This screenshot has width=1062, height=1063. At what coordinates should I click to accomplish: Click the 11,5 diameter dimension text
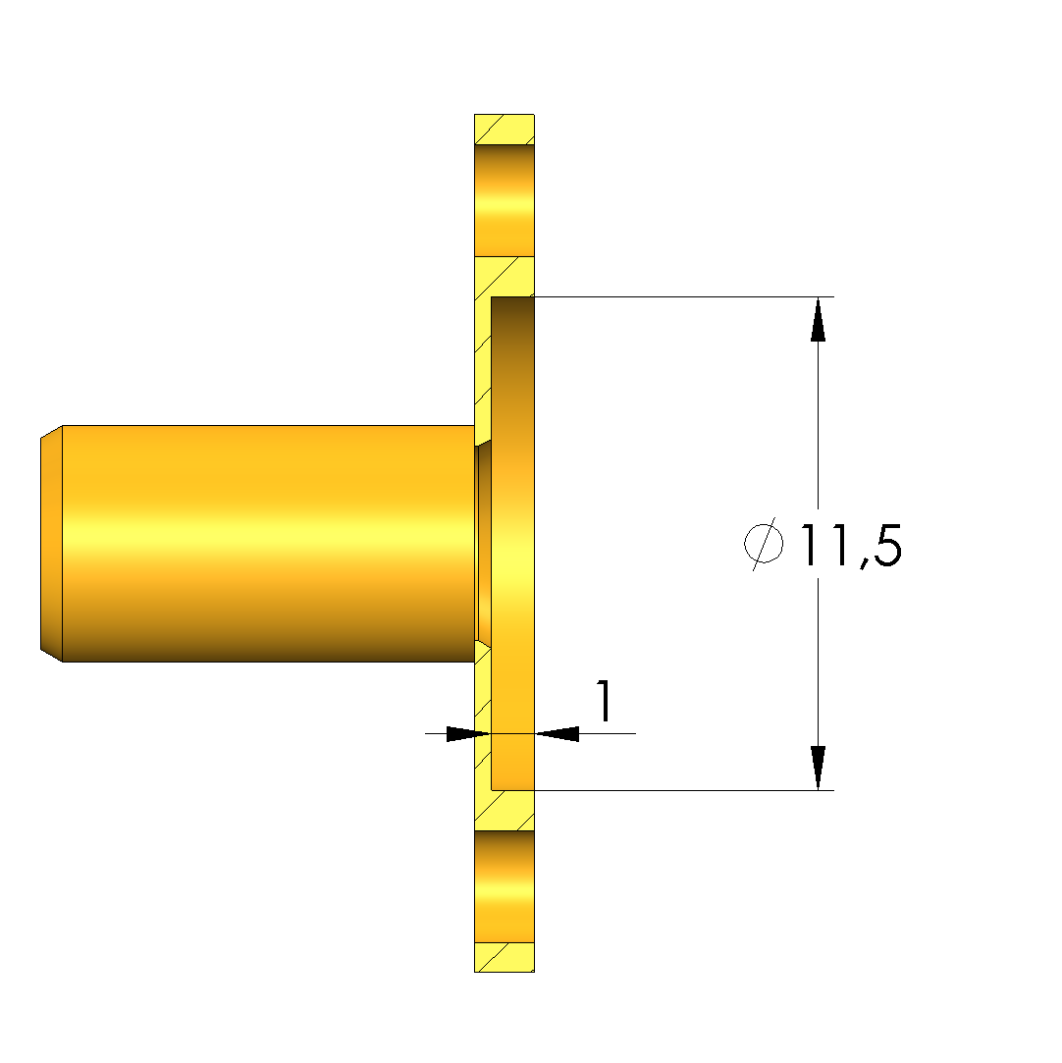[851, 545]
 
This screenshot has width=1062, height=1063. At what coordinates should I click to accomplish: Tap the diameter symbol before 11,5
[764, 543]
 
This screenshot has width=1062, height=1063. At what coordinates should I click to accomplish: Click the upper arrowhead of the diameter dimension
[818, 319]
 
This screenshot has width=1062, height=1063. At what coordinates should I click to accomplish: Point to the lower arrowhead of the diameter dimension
[818, 768]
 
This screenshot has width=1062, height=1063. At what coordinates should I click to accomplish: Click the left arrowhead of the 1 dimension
[468, 733]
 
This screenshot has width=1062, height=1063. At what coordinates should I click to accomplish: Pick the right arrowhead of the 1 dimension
[558, 733]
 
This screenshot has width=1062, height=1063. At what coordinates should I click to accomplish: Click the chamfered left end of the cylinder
[51, 544]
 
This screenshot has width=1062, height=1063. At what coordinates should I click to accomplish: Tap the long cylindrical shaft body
[268, 544]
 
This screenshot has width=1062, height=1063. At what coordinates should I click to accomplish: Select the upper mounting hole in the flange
[504, 200]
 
